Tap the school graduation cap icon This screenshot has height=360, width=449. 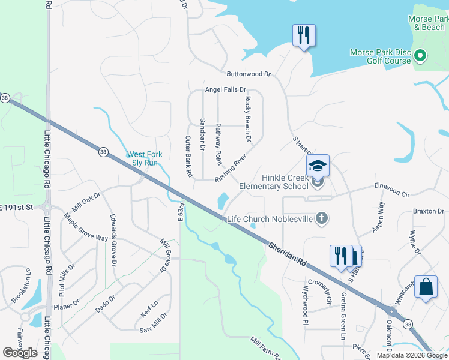click(318, 166)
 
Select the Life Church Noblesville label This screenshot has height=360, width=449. click(270, 219)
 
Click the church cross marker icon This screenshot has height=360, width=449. click(322, 218)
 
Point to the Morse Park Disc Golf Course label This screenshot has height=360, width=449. click(381, 56)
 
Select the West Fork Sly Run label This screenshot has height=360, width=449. click(143, 158)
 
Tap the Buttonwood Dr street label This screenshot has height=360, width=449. click(249, 74)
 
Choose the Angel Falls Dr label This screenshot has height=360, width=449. click(226, 89)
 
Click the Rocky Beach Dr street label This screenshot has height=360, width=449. click(247, 119)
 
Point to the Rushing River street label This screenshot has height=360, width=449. click(231, 168)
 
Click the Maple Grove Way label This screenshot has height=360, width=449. click(86, 229)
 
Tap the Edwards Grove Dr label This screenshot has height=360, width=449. click(112, 239)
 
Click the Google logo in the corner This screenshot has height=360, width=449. click(20, 353)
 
